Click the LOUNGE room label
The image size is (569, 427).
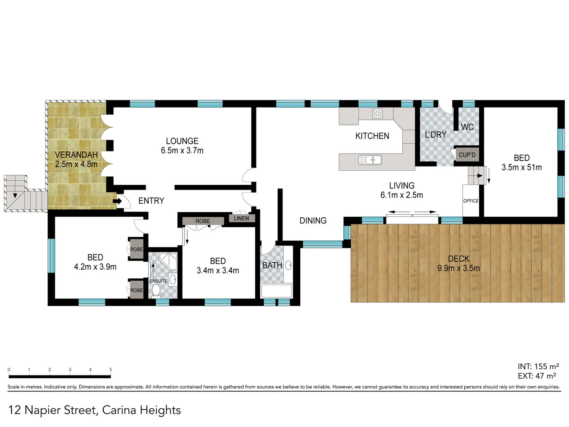(182, 141)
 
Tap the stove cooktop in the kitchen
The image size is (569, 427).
(377, 114)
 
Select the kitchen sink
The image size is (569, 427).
(370, 160)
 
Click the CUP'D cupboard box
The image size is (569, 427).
(467, 155)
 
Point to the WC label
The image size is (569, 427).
(467, 127)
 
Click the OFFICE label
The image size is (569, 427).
(471, 201)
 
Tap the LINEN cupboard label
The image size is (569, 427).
(241, 218)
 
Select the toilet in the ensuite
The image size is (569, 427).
(156, 291)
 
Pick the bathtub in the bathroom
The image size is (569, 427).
(277, 291)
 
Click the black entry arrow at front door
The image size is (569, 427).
(117, 201)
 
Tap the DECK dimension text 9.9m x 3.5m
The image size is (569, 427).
(458, 268)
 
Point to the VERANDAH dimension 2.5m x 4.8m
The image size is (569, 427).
(76, 164)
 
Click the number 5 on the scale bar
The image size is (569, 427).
(111, 370)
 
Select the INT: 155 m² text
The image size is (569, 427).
(538, 367)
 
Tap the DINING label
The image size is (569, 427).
(313, 221)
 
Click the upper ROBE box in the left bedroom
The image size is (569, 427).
(137, 249)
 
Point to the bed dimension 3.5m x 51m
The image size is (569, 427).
(522, 167)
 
